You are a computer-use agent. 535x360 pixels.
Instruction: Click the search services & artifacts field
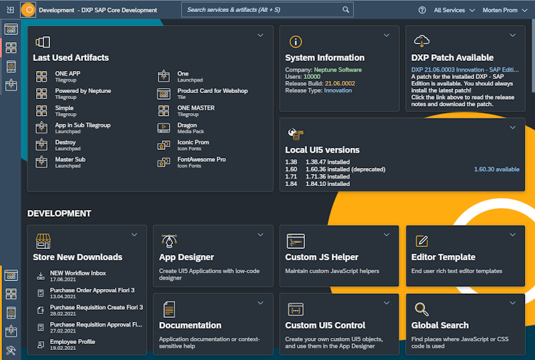pyautogui.click(x=261, y=10)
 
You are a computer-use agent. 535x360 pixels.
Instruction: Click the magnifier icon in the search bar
pyautogui.click(x=346, y=10)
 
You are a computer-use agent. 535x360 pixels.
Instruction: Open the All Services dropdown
pyautogui.click(x=454, y=10)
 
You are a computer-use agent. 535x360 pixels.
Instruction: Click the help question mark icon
pyautogui.click(x=422, y=10)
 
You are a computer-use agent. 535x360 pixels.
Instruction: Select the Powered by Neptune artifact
pyautogui.click(x=83, y=91)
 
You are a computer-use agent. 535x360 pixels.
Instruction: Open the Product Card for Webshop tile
pyautogui.click(x=212, y=91)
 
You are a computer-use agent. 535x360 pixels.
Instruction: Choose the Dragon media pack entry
pyautogui.click(x=187, y=125)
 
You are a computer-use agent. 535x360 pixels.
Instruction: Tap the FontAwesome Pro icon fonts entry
pyautogui.click(x=201, y=160)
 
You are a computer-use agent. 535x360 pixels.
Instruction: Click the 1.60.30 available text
pyautogui.click(x=496, y=169)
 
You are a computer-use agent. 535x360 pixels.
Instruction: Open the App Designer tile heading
pyautogui.click(x=187, y=257)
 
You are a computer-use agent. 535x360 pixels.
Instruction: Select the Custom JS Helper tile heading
pyautogui.click(x=322, y=257)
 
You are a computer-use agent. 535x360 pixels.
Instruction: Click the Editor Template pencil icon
pyautogui.click(x=421, y=241)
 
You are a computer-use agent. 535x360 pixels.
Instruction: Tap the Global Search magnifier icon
pyautogui.click(x=421, y=308)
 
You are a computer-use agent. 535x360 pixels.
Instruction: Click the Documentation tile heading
pyautogui.click(x=190, y=325)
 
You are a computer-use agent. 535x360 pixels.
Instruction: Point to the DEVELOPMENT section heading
pyautogui.click(x=59, y=213)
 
